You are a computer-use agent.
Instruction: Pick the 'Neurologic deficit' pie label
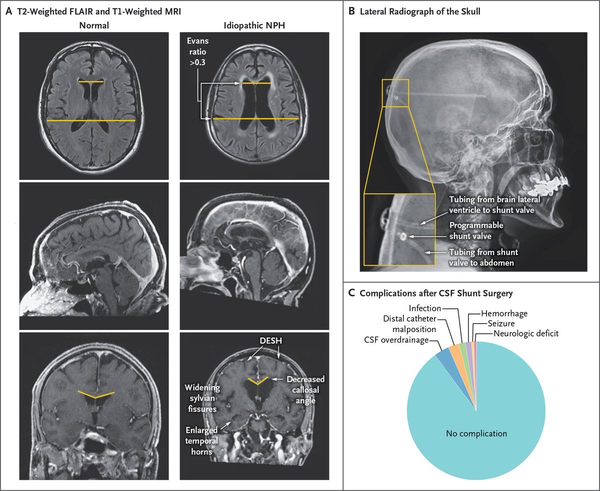pyautogui.click(x=525, y=333)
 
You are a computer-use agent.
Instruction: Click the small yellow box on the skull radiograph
pyautogui.click(x=395, y=92)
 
